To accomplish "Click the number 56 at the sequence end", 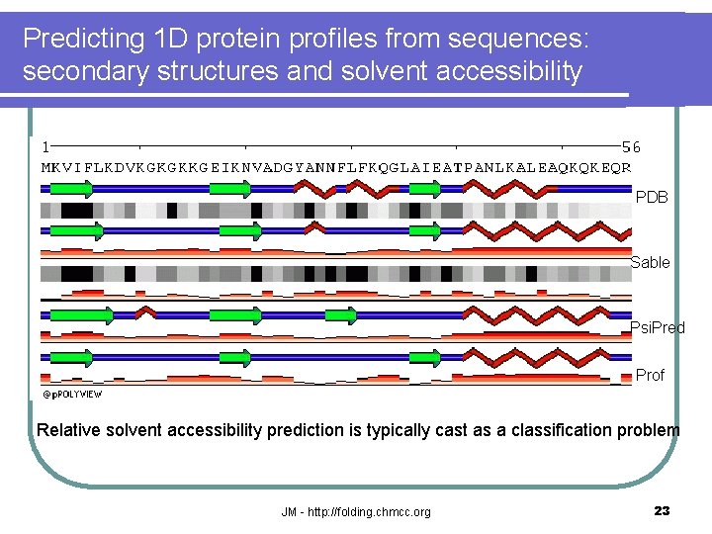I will (631, 146).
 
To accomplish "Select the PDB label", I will (652, 197).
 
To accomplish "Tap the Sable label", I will (650, 262).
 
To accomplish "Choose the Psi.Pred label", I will (658, 327).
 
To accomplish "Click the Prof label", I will (650, 375).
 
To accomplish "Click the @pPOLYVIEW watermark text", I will (71, 393).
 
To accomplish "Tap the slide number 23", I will (662, 511).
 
